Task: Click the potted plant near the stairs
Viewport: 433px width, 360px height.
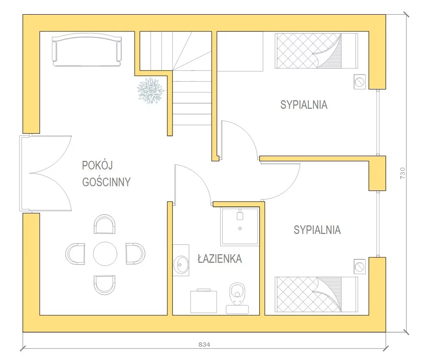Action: coord(151,90)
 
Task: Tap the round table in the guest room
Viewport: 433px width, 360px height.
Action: coord(105,254)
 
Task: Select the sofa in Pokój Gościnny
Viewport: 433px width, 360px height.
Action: coord(87,50)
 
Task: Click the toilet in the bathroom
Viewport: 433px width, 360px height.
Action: coord(237,298)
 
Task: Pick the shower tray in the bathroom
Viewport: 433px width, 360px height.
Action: coord(240,227)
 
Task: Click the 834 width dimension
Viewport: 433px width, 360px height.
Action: coord(204,345)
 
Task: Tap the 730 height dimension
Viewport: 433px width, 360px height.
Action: coord(402,173)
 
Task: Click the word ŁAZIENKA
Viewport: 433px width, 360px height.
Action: coord(220,258)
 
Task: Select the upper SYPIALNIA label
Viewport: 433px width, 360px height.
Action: coord(304,105)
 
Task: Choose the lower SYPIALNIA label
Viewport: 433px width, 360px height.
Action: coord(317,230)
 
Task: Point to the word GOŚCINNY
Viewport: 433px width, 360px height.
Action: coord(106,182)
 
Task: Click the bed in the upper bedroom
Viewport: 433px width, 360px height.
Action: coord(316,51)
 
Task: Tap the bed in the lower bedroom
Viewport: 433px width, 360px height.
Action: coord(316,295)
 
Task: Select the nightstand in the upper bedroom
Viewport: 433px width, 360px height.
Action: coord(359,82)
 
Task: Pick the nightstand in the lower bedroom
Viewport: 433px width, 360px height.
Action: coord(359,267)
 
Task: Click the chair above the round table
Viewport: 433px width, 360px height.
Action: coord(104,224)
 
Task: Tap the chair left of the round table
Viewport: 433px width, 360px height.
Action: coord(75,254)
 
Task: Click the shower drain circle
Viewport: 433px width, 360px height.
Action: coord(240,228)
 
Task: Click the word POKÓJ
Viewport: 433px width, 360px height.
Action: coord(98,165)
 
